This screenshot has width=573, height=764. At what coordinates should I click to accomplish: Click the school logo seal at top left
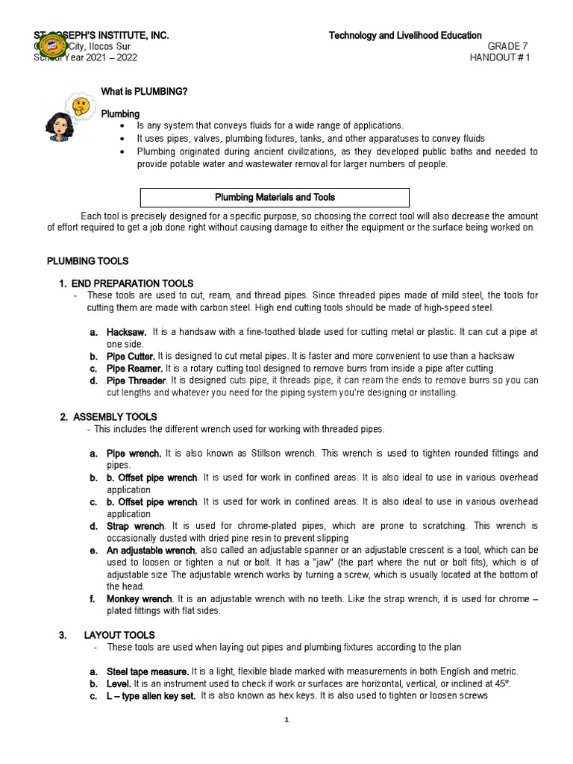(52, 46)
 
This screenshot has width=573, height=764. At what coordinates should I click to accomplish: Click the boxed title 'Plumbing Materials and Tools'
(275, 198)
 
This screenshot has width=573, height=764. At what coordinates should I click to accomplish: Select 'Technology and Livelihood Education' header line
(405, 36)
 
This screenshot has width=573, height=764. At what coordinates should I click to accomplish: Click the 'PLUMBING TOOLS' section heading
(87, 261)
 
